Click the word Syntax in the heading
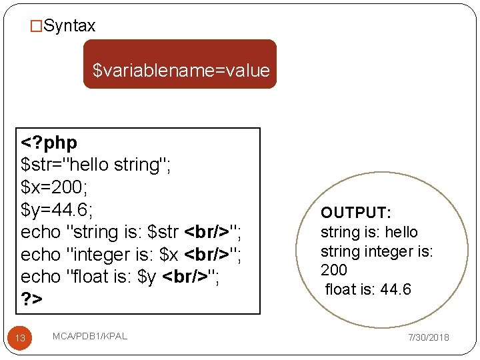[x=69, y=27]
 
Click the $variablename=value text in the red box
[x=181, y=70]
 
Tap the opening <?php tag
[x=49, y=143]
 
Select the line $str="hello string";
[x=97, y=165]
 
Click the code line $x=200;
[x=56, y=187]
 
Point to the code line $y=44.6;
[x=57, y=210]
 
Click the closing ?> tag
[x=31, y=299]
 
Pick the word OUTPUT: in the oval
[x=356, y=213]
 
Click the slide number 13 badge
[x=20, y=338]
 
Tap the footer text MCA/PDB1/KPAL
[x=89, y=337]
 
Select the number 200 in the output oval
[x=334, y=270]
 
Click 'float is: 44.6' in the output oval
[x=368, y=289]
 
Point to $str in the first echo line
[x=163, y=232]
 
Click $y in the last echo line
[x=146, y=277]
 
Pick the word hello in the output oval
[x=401, y=232]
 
